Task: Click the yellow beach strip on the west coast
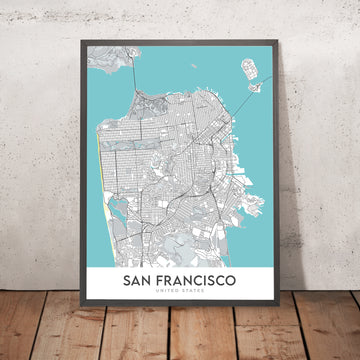[99, 170]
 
